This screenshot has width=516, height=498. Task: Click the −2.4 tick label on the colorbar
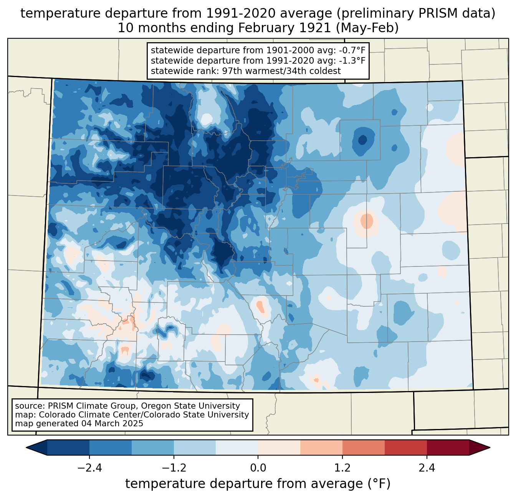pyautogui.click(x=89, y=468)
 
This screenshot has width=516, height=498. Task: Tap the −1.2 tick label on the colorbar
pyautogui.click(x=174, y=468)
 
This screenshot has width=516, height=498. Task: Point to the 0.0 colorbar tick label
pyautogui.click(x=258, y=468)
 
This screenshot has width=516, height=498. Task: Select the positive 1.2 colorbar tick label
pyautogui.click(x=342, y=468)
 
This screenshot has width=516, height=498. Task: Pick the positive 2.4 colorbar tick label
pyautogui.click(x=427, y=468)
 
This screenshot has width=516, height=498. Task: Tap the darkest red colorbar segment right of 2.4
pyautogui.click(x=448, y=447)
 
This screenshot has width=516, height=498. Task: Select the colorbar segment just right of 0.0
pyautogui.click(x=279, y=447)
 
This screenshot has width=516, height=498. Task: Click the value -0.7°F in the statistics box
pyautogui.click(x=351, y=50)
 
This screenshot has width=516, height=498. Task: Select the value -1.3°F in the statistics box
pyautogui.click(x=351, y=61)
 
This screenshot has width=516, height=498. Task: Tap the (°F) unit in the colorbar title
pyautogui.click(x=379, y=484)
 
